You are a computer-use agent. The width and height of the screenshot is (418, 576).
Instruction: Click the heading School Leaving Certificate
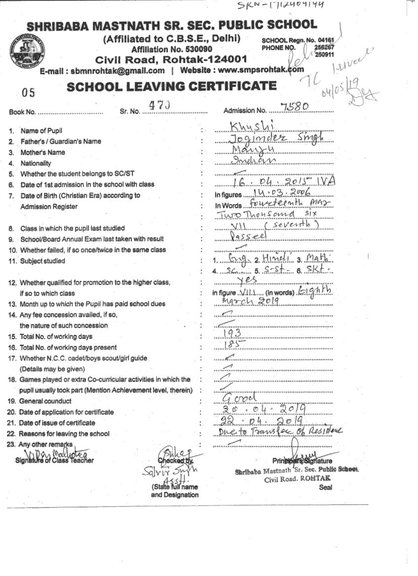pyautogui.click(x=172, y=86)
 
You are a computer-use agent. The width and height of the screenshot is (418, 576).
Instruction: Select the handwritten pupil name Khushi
pyautogui.click(x=251, y=127)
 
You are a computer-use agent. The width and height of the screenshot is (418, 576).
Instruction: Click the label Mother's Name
pyautogui.click(x=42, y=152)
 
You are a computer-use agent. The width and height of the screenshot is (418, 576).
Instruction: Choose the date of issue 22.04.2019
pyautogui.click(x=263, y=420)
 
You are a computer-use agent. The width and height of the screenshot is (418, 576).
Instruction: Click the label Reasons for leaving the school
pyautogui.click(x=64, y=434)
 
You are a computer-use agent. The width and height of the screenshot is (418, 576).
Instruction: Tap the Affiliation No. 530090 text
pyautogui.click(x=172, y=49)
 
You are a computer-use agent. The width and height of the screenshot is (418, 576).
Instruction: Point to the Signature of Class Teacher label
pyautogui.click(x=54, y=460)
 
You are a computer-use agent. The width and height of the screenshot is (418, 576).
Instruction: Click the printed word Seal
pyautogui.click(x=325, y=487)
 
